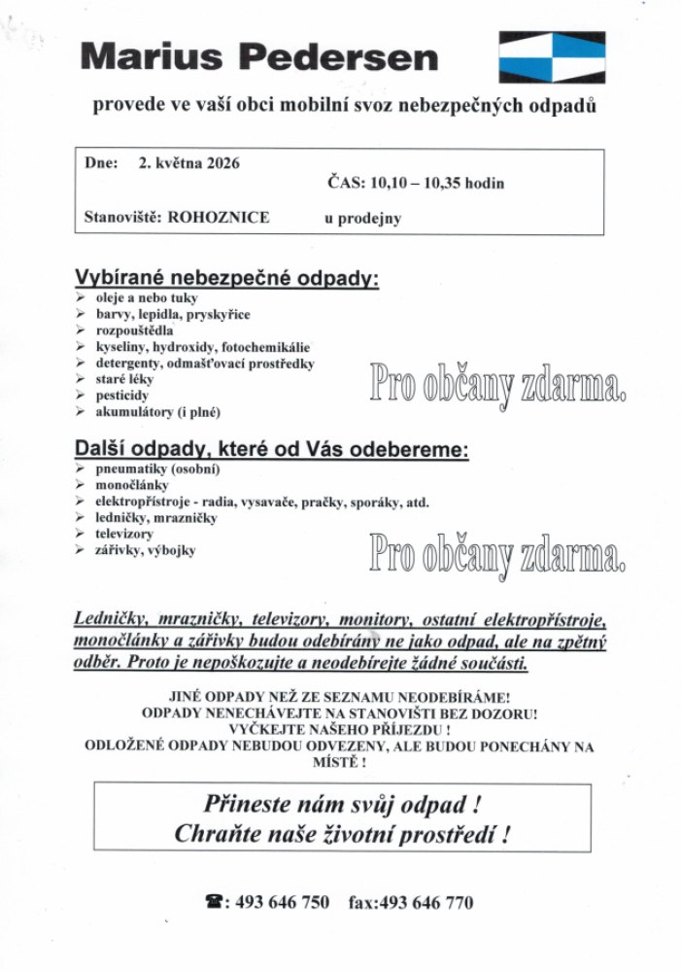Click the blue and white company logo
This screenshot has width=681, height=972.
pos(551,56)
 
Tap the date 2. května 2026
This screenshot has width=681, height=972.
pos(188,164)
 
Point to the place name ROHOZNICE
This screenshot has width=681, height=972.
pos(219,218)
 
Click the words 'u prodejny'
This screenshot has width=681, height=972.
pos(362,219)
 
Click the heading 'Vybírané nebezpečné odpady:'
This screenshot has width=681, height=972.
pos(226,278)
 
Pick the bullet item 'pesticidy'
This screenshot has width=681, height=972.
pos(122,396)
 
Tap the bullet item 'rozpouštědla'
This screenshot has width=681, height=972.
pos(134,330)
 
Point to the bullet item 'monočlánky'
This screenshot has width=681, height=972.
pos(131,485)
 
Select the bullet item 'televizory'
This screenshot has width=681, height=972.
pos(124,535)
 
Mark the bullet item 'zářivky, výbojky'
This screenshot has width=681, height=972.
pos(145,551)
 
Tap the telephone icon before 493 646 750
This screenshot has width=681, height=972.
pos(214,903)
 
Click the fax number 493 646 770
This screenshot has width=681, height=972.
pos(426,903)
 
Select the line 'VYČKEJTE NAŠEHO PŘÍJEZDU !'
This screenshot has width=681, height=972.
pos(339,729)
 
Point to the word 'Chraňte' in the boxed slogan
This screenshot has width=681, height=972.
pos(221,834)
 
